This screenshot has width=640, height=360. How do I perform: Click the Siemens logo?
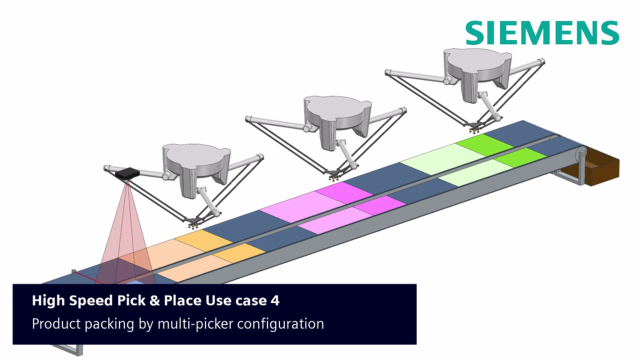click(542, 33)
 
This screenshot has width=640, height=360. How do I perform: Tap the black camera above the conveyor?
click(127, 173)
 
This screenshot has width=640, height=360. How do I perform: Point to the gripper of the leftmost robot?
click(193, 222)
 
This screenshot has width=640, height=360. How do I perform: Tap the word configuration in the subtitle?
click(280, 324)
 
